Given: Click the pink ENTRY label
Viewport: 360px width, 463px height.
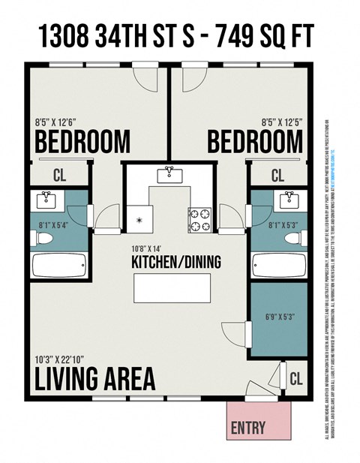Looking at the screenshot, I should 248,428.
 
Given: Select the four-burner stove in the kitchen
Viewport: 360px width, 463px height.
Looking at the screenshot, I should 200,219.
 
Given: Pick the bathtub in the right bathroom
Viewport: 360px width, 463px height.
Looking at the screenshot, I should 279,265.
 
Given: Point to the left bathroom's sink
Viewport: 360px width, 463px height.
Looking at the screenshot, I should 46,200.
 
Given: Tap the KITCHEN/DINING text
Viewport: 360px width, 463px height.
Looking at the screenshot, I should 170,263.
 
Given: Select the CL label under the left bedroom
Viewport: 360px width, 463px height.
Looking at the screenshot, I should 59,176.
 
